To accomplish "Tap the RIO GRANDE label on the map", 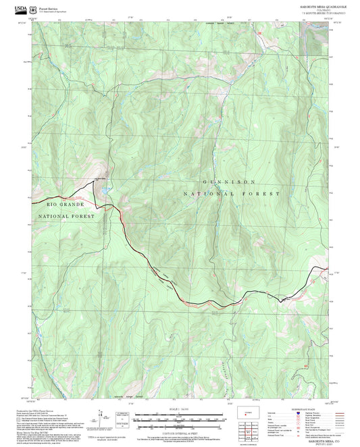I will [x=66, y=203].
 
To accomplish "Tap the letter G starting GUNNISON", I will [x=204, y=182].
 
